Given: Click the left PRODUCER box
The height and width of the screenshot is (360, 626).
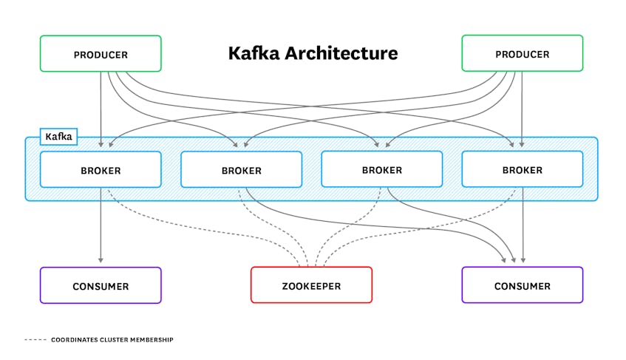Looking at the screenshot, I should (101, 54).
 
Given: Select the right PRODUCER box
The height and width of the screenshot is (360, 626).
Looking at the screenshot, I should (522, 54).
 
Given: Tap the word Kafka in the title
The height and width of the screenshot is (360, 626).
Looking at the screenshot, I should (255, 53).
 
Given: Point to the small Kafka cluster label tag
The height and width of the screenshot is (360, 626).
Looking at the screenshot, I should (58, 137).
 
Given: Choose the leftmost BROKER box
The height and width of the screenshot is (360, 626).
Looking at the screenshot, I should (101, 170).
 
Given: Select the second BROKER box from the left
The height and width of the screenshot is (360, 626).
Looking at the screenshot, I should (241, 170).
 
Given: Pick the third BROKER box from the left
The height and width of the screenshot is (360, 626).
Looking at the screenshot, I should (381, 169).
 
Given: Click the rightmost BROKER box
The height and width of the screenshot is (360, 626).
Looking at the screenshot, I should (522, 170).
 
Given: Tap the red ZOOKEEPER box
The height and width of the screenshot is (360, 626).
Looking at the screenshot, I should (311, 285).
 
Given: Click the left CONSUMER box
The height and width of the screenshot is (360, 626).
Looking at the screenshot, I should (101, 285).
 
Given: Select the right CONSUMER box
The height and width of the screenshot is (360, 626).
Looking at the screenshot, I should (522, 285).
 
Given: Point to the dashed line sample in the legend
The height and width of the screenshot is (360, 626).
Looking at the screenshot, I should (35, 339).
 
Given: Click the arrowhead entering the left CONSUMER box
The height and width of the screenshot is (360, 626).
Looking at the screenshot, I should (101, 260).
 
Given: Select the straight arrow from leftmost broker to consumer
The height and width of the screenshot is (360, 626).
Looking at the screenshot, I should (101, 222).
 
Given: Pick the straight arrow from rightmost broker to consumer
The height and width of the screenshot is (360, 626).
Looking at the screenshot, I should (523, 222).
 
